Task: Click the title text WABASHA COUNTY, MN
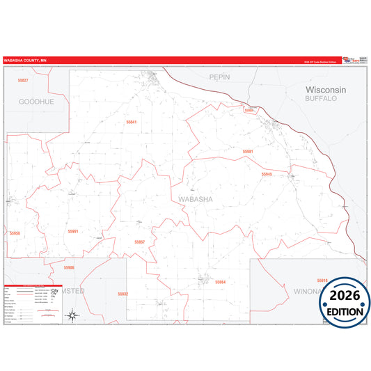[x=25, y=61]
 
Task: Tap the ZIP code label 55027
[x=23, y=81]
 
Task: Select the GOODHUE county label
[x=36, y=101]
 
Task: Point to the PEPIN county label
[x=219, y=77]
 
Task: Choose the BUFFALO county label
[x=321, y=99]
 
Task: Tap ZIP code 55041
[x=132, y=122]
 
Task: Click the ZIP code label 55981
[x=248, y=151]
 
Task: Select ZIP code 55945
[x=267, y=173]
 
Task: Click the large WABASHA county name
[x=196, y=200]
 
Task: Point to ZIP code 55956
[x=15, y=233]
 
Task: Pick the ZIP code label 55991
[x=73, y=231]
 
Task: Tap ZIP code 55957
[x=139, y=242]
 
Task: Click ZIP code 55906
[x=68, y=267]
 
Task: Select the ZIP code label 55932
[x=123, y=294]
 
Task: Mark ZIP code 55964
[x=221, y=282]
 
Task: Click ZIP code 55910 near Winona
[x=322, y=280]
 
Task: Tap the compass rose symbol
[x=72, y=317]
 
